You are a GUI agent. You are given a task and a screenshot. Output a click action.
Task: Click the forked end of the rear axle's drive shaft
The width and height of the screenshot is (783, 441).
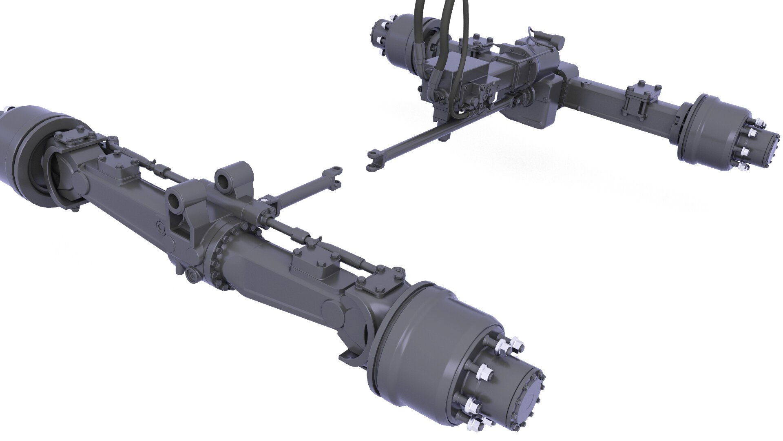(x=373, y=160)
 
